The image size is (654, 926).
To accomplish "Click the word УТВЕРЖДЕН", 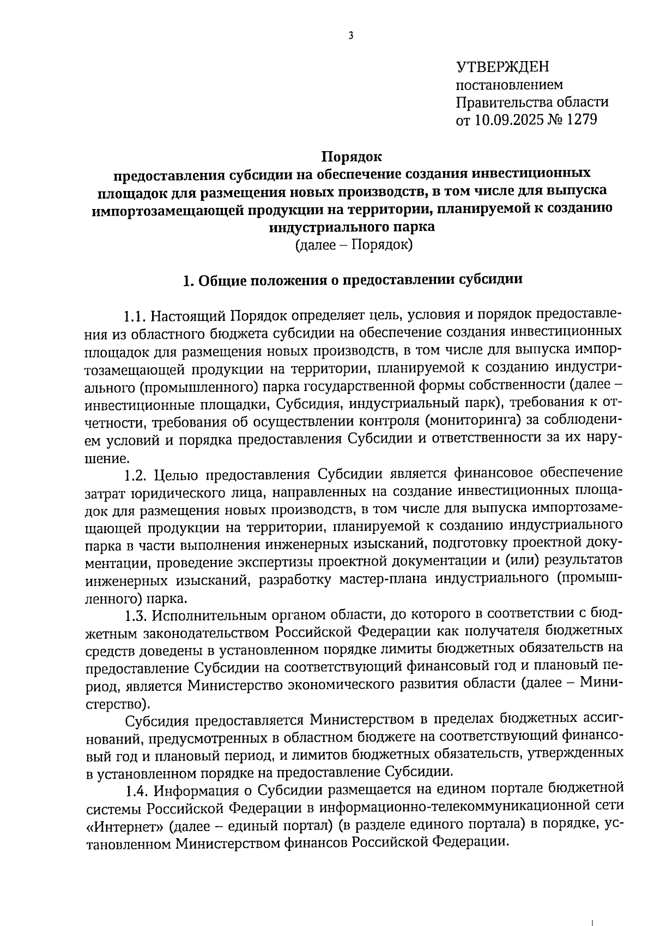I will tap(502, 67).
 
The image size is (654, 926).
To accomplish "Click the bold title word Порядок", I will tap(352, 157).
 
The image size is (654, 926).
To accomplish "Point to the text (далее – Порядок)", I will tap(354, 245).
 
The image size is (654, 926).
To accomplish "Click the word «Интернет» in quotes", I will tap(124, 825).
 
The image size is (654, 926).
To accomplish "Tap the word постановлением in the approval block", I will tap(509, 85).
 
